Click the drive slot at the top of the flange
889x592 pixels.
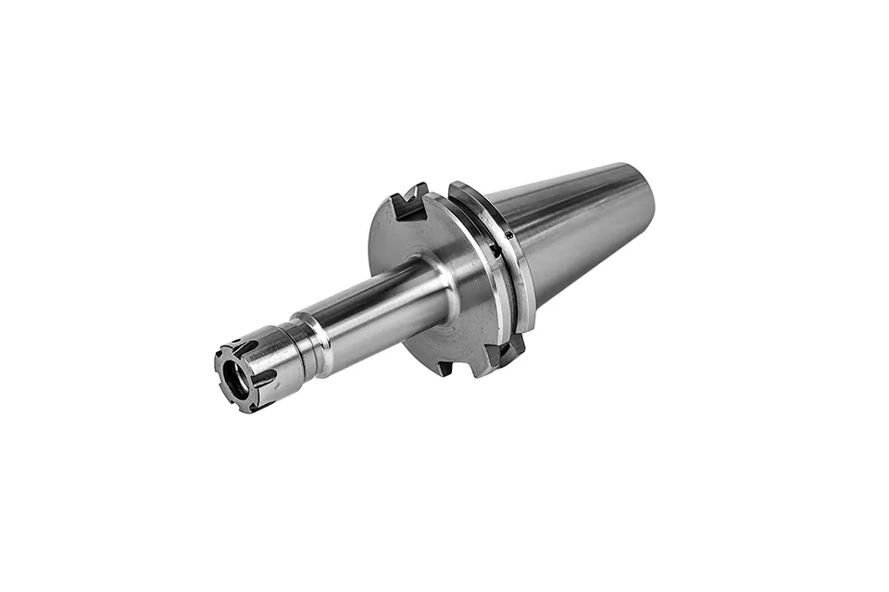(408, 201)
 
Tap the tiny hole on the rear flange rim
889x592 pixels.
(508, 234)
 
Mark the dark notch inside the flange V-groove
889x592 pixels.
(495, 249)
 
